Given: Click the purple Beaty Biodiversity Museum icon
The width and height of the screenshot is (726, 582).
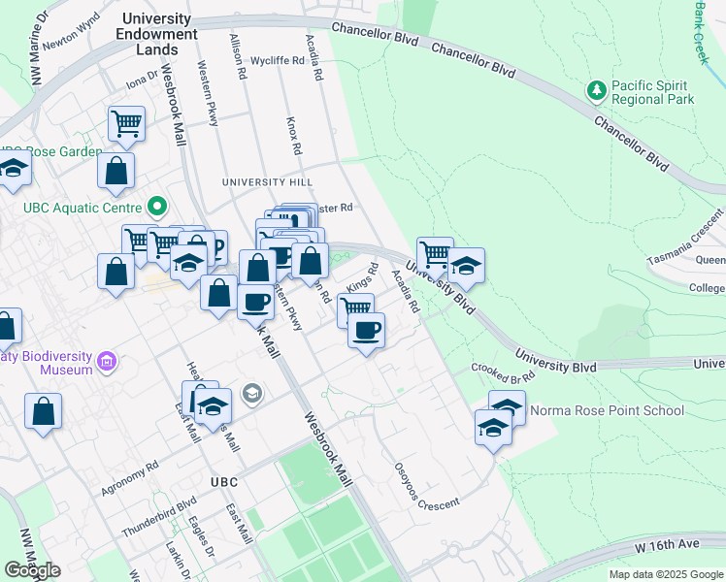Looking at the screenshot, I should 107,364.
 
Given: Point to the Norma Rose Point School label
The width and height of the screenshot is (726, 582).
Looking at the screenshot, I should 608,410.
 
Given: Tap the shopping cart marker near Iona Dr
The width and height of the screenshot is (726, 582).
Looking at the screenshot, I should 126,123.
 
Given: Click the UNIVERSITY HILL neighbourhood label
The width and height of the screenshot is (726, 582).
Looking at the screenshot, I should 268,182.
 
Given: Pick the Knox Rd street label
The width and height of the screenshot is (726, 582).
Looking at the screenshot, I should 294,137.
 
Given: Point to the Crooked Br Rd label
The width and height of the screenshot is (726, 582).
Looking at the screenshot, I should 504,371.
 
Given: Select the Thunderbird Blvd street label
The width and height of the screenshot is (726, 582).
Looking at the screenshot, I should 159,516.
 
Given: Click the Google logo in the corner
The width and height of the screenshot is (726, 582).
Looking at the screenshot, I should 32,570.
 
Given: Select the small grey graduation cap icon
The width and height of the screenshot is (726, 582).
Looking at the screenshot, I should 252,393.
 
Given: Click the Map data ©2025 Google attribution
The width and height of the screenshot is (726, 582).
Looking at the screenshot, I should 665,574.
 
